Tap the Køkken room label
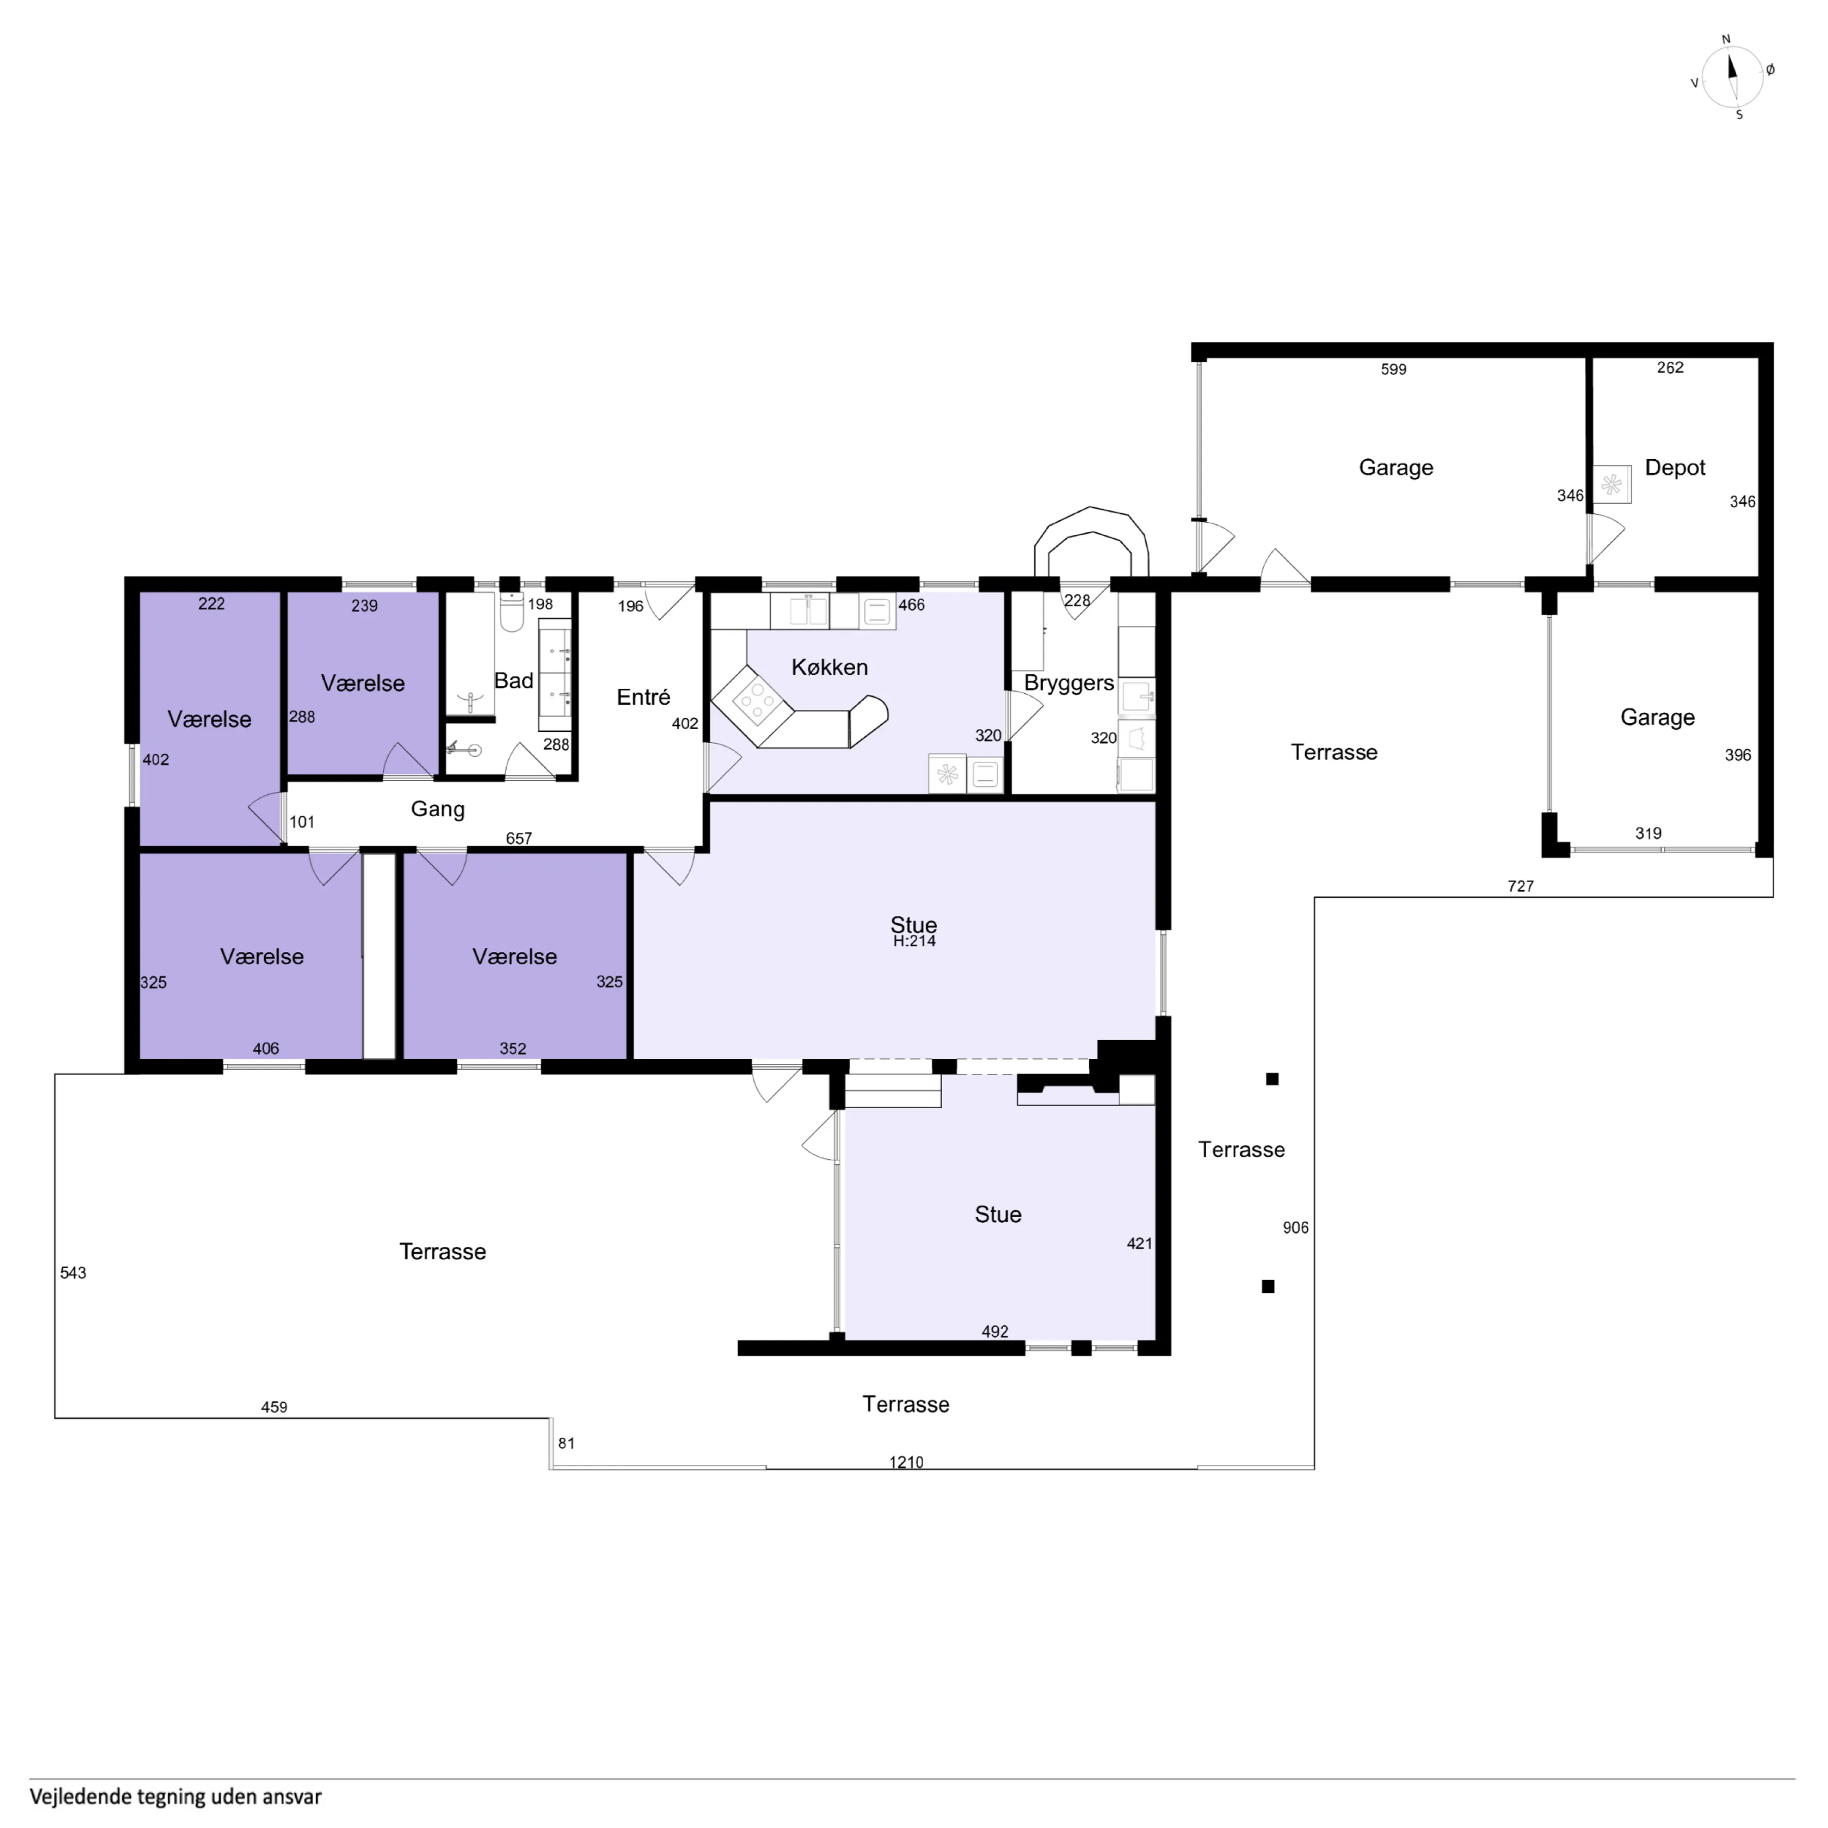830,667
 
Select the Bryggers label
1069,683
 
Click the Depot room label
1675,467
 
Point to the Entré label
643,698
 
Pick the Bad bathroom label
514,681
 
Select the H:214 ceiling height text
914,942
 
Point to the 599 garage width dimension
1394,369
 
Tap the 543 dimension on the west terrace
73,1273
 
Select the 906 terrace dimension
1296,1227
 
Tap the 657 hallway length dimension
519,838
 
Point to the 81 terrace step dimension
566,1443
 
